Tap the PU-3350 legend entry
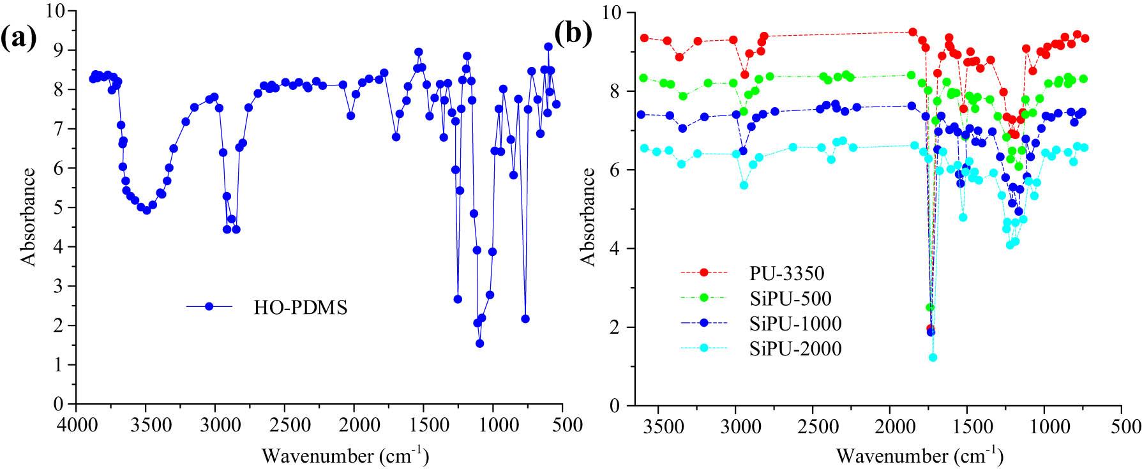(x=786, y=273)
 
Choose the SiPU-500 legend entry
(x=790, y=298)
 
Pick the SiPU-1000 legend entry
(x=795, y=324)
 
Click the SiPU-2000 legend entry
(x=795, y=348)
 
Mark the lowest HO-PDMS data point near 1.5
(x=480, y=343)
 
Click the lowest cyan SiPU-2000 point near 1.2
(x=933, y=357)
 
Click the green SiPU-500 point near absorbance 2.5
(x=930, y=308)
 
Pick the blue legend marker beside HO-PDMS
(x=209, y=307)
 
